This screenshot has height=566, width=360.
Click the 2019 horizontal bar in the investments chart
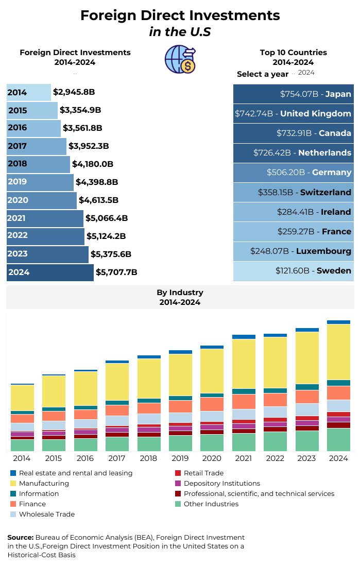tap(40, 182)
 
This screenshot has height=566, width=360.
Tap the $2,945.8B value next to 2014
tap(74, 93)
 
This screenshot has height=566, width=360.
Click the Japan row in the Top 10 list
tap(294, 94)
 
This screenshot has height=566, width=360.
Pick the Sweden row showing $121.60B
tap(294, 271)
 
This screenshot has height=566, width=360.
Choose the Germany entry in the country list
tap(294, 173)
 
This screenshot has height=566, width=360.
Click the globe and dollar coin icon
tap(180, 59)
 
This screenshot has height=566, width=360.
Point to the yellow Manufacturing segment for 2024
tap(339, 352)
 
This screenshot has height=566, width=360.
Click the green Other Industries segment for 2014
tap(22, 445)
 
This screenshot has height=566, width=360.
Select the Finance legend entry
tap(32, 504)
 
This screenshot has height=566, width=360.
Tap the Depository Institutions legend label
tap(221, 484)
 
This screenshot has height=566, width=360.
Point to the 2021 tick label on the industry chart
tap(244, 458)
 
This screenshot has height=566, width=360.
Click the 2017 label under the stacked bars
tap(117, 458)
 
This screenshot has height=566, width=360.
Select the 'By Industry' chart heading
tap(180, 293)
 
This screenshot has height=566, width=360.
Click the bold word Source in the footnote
tap(21, 538)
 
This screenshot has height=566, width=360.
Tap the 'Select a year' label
tap(263, 74)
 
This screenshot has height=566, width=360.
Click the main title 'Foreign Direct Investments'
tap(180, 15)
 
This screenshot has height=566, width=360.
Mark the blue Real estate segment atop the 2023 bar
tap(307, 330)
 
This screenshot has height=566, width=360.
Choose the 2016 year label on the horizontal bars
tap(17, 128)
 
